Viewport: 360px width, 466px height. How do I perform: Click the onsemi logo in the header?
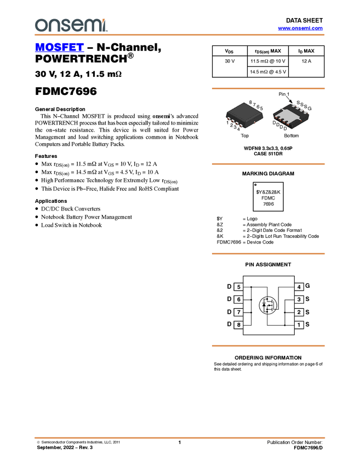[70, 25]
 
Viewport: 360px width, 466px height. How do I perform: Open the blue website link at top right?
[300, 29]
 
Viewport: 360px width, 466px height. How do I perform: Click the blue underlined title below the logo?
[59, 48]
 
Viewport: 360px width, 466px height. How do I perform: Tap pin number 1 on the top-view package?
[227, 122]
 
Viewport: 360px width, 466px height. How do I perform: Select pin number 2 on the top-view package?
[232, 125]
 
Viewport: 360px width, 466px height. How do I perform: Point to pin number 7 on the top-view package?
[254, 104]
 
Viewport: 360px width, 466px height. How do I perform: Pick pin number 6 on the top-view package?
[258, 106]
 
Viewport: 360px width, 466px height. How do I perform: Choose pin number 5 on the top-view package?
[261, 109]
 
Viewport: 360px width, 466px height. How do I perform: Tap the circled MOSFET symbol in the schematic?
[268, 305]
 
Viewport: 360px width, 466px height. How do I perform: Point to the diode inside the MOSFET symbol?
[264, 305]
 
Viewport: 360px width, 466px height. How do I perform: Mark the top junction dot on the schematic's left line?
[251, 287]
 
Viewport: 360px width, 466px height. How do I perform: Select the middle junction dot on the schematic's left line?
[251, 300]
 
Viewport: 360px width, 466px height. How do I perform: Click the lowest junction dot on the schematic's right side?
[285, 325]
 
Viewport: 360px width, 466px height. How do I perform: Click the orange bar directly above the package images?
[268, 88]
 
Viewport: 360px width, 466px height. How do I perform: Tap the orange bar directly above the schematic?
[268, 254]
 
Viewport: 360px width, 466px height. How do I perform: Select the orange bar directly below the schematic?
[268, 346]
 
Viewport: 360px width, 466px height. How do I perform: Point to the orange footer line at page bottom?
[179, 437]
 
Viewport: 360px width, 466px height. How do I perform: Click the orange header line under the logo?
[179, 35]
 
